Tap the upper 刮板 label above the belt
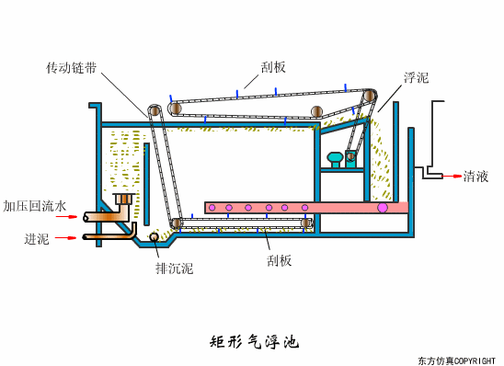click(x=273, y=67)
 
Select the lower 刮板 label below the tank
click(x=279, y=260)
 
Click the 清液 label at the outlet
click(x=475, y=176)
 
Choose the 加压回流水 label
click(x=34, y=206)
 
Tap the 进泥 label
click(x=37, y=238)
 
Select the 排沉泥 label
click(x=174, y=269)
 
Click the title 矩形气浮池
click(x=254, y=342)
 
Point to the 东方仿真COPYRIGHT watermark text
click(x=456, y=360)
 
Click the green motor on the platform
click(x=335, y=159)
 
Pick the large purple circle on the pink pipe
click(x=383, y=208)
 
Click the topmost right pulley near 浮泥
click(x=369, y=96)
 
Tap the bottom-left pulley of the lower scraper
click(x=176, y=223)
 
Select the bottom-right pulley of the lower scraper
click(x=306, y=223)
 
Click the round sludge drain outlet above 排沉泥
click(x=155, y=238)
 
